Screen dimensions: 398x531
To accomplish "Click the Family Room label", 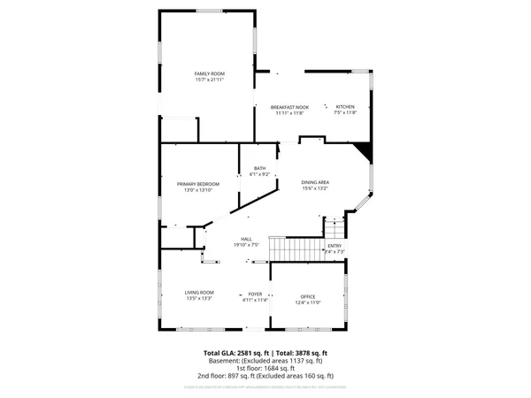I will pos(209,73).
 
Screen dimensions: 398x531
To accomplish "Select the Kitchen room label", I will pos(345,106).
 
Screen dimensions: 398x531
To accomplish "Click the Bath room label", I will pos(259,168).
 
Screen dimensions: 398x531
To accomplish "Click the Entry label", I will pos(335,245).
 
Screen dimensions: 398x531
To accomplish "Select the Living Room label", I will pos(199,292).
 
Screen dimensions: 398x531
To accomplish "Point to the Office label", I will pos(307,296).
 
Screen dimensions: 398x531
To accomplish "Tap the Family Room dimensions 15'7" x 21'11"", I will pos(209,80).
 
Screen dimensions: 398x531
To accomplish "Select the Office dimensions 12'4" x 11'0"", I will pos(307,302).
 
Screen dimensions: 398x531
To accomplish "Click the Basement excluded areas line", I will pos(265,361).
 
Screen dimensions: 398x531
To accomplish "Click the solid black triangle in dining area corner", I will pos(363,153).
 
